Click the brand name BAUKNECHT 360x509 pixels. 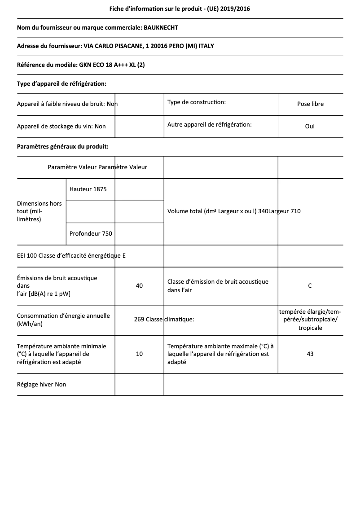[161, 27]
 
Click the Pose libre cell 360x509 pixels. [310, 104]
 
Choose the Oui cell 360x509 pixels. [310, 126]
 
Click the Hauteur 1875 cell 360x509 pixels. [88, 189]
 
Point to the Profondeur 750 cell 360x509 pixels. [91, 233]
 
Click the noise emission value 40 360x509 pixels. [139, 285]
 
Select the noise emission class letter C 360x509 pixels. [310, 285]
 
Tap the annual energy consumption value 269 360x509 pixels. [139, 320]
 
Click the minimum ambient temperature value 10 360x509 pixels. [139, 354]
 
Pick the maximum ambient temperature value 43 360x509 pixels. [310, 354]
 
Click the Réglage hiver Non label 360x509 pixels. [41, 384]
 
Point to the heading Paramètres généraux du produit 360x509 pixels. [62, 146]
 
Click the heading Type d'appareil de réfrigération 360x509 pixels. [61, 83]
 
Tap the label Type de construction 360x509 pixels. [196, 102]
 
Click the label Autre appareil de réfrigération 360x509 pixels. [209, 124]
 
